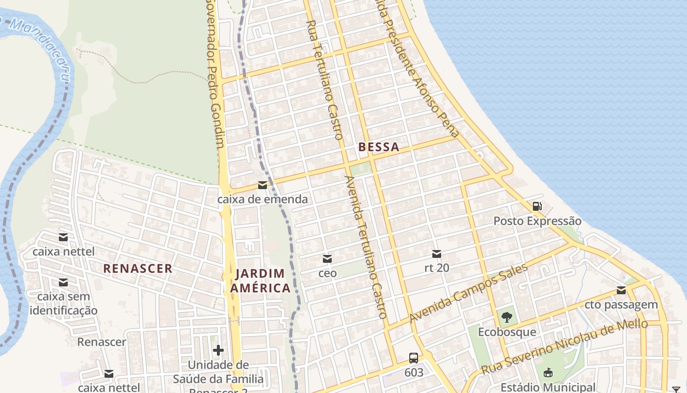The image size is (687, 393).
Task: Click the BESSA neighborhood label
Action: [x=378, y=147]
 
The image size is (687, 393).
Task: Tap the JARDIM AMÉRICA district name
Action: [x=260, y=281]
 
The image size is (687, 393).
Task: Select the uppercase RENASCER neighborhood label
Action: [x=138, y=269]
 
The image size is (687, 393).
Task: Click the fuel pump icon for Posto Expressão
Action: [x=537, y=206]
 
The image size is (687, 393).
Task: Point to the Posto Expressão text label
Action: [x=537, y=221]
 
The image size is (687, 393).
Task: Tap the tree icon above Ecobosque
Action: [x=507, y=317]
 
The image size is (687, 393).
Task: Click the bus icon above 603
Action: [x=414, y=358]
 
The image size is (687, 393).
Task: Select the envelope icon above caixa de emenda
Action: [x=263, y=185]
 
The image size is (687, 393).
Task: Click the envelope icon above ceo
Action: [x=327, y=258]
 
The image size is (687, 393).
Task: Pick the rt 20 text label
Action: [x=437, y=268]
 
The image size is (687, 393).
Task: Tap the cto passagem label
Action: [x=621, y=305]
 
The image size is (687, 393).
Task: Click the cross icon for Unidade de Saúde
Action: [x=218, y=350]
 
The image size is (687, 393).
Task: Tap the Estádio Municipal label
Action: [x=548, y=387]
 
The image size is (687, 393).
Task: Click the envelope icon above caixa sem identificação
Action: [x=63, y=282]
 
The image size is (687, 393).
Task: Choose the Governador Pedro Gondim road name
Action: [x=215, y=74]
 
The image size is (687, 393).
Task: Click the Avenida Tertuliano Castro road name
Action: [x=367, y=248]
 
